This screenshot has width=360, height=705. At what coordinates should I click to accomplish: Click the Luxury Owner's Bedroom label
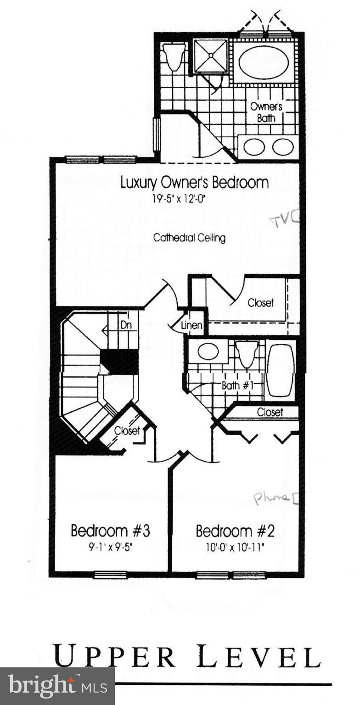(x=194, y=182)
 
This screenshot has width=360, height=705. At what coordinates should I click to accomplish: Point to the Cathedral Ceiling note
(x=189, y=238)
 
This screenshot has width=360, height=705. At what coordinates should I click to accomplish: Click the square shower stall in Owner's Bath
(x=211, y=56)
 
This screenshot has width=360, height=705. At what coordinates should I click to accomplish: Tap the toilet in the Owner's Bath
(x=174, y=56)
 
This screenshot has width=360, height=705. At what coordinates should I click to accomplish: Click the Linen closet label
(x=191, y=325)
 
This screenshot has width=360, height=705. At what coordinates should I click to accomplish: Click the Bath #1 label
(x=237, y=385)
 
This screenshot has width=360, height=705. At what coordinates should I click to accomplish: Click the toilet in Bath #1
(x=247, y=353)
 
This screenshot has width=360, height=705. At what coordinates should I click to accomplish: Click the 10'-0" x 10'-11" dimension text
(x=235, y=548)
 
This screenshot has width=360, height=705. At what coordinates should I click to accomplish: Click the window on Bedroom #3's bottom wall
(x=110, y=574)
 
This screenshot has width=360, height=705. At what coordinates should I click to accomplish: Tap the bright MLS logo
(x=57, y=686)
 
